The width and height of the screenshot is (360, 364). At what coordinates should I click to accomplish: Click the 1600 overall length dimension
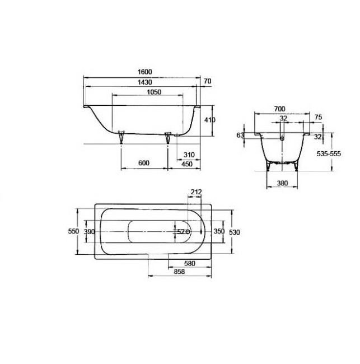pyautogui.click(x=144, y=73)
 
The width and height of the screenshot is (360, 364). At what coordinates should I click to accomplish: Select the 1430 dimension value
pyautogui.click(x=144, y=82)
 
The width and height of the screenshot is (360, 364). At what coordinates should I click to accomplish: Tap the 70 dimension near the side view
pyautogui.click(x=208, y=82)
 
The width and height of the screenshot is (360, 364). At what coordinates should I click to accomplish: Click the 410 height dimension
pyautogui.click(x=209, y=120)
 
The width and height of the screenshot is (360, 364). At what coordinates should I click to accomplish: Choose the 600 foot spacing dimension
pyautogui.click(x=144, y=163)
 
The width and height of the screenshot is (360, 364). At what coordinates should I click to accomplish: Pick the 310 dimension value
pyautogui.click(x=188, y=155)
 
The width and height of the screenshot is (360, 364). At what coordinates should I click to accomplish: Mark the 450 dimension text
pyautogui.click(x=186, y=164)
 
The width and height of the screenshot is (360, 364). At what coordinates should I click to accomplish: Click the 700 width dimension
pyautogui.click(x=280, y=109)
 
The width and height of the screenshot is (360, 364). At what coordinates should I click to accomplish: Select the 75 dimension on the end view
pyautogui.click(x=317, y=118)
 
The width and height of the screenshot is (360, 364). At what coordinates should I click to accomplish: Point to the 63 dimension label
pyautogui.click(x=240, y=135)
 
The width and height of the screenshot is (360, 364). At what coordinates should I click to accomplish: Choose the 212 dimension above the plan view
pyautogui.click(x=196, y=193)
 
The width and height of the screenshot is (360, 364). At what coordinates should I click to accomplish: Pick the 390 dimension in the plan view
pyautogui.click(x=89, y=231)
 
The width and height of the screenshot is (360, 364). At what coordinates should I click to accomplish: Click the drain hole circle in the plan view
pyautogui.click(x=188, y=231)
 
